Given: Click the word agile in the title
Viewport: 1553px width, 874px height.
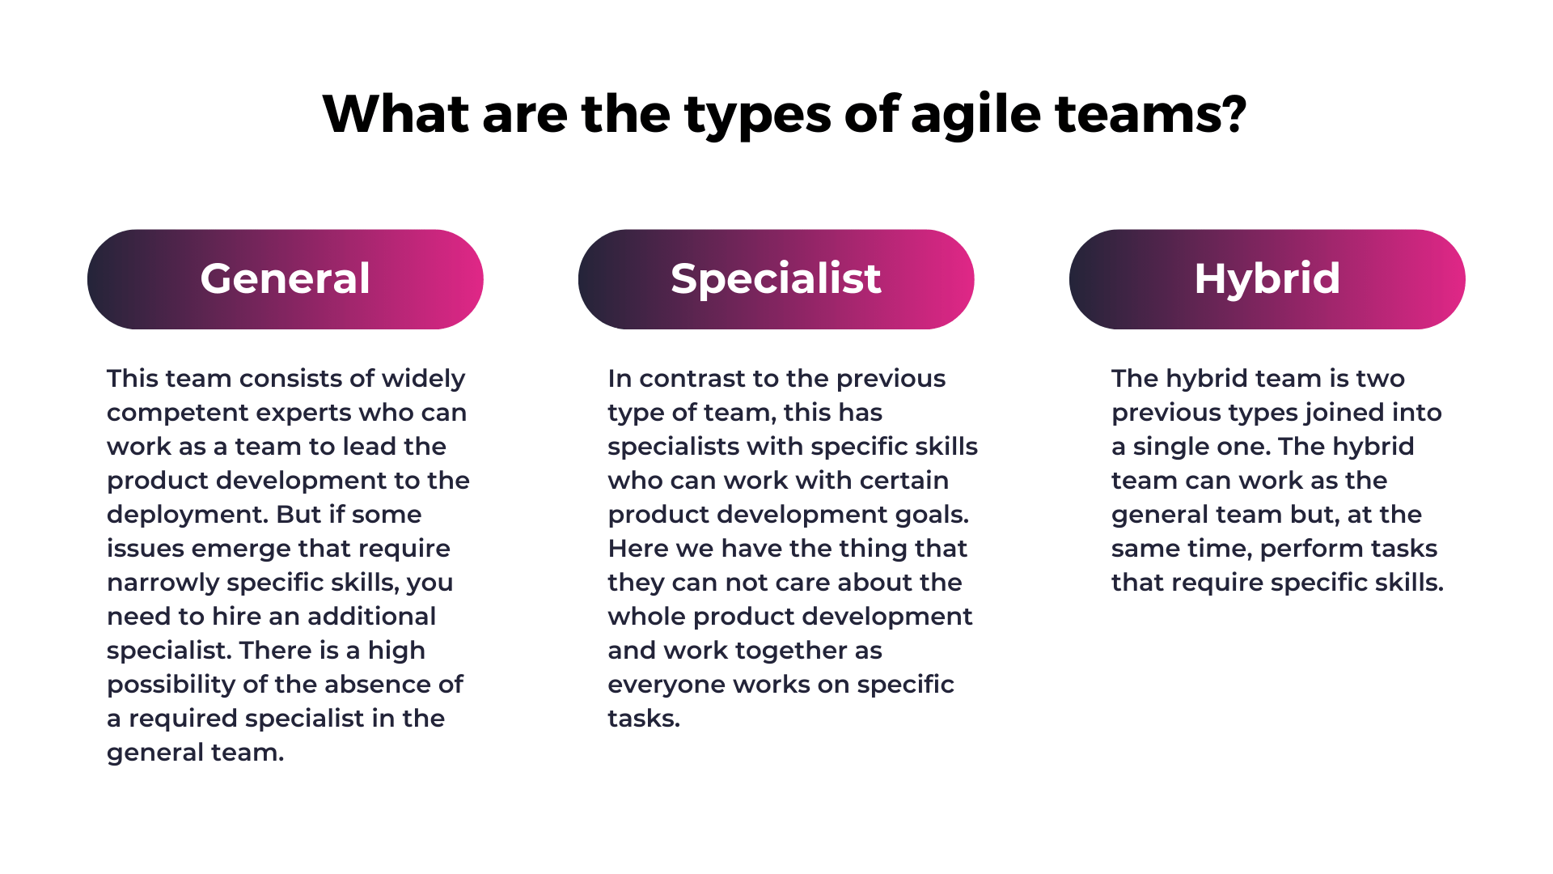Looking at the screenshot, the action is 975,115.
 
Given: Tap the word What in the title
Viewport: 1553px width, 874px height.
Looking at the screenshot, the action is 396,113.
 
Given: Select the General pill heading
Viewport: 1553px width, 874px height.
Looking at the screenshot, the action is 286,279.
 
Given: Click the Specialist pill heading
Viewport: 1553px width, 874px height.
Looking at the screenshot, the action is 776,279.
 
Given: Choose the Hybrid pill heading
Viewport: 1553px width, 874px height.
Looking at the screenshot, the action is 1267,279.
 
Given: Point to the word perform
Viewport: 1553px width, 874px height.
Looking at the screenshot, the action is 1304,549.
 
